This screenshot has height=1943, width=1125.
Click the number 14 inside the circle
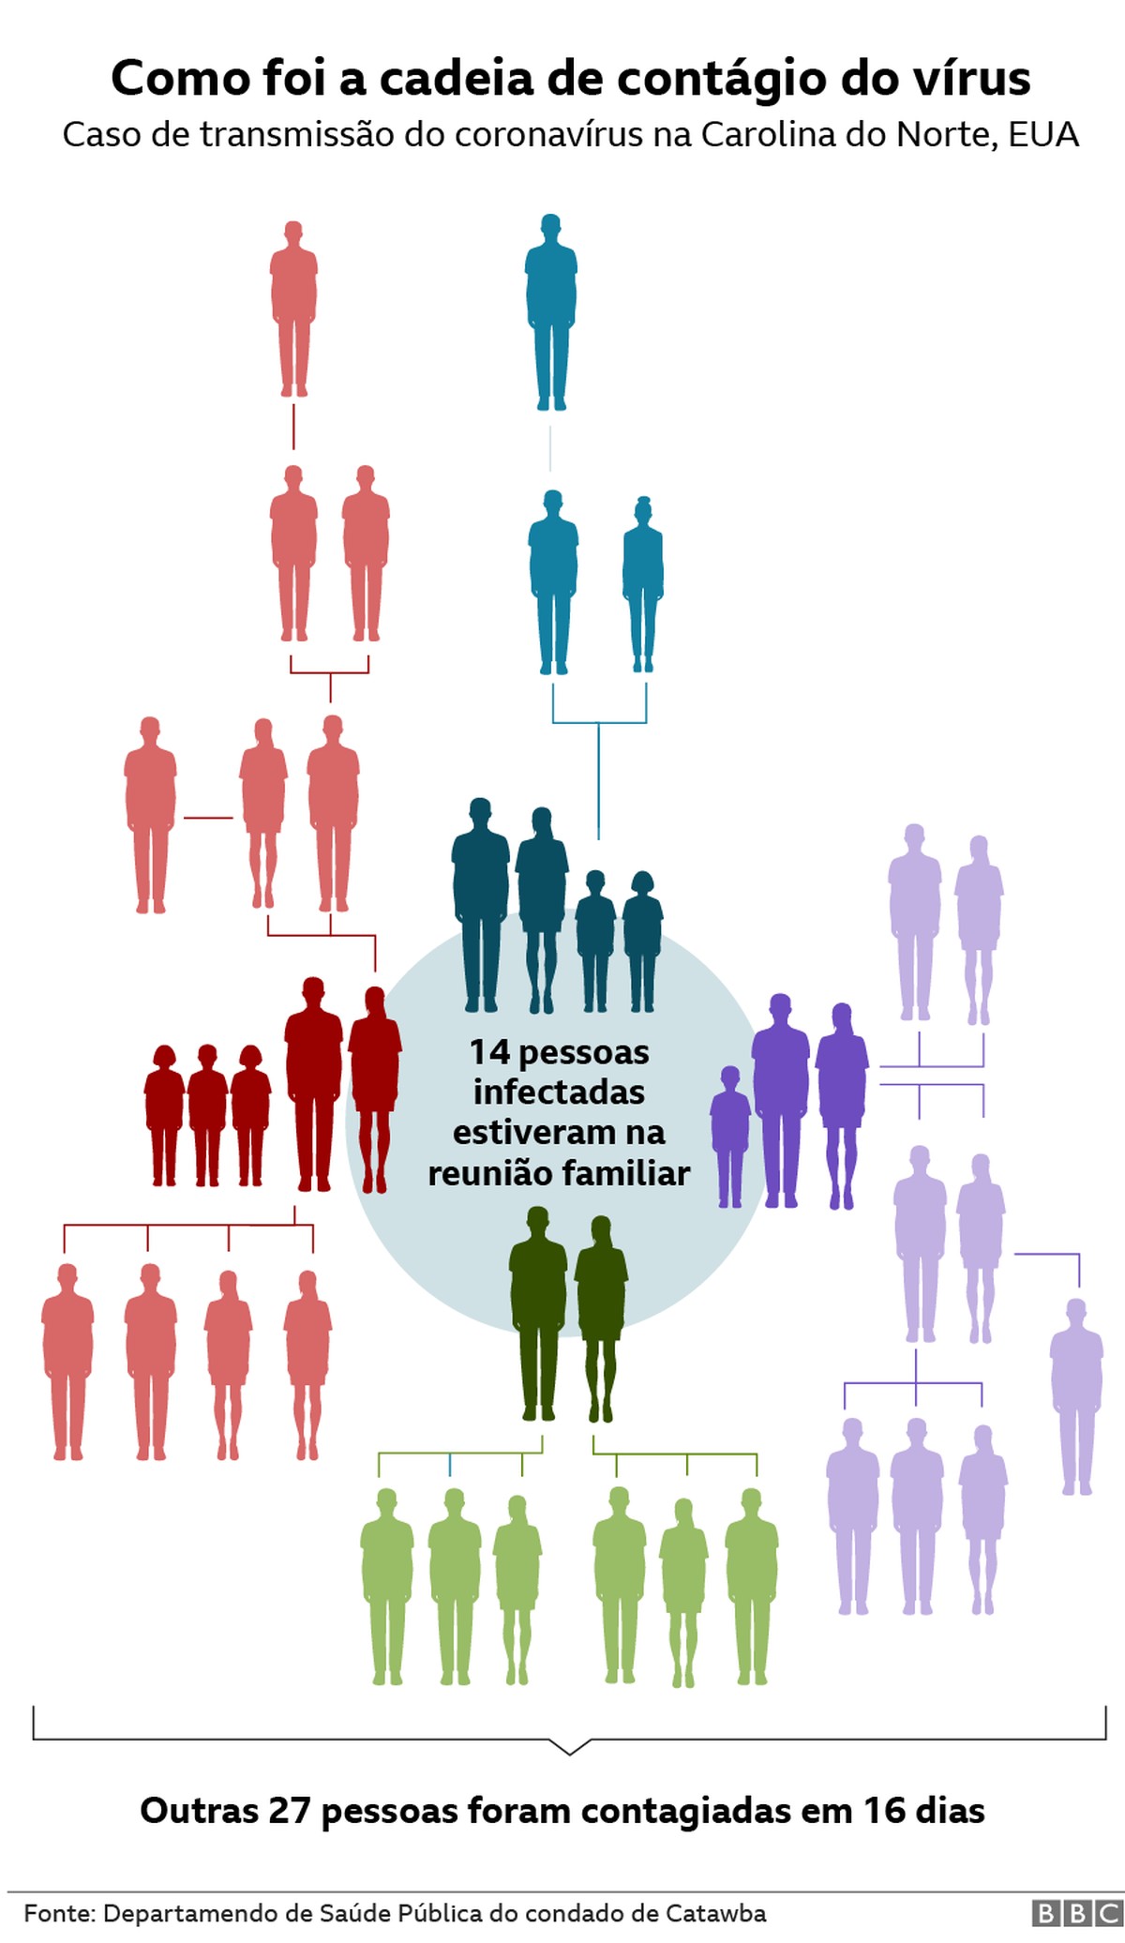489,1052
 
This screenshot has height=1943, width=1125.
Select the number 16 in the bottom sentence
883,1810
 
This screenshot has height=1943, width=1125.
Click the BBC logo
1076,1913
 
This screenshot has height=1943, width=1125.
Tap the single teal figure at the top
550,311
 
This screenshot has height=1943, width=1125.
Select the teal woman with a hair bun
643,583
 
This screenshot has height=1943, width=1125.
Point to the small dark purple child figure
730,1135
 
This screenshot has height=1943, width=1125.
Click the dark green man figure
538,1313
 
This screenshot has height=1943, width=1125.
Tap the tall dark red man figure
314,1083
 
